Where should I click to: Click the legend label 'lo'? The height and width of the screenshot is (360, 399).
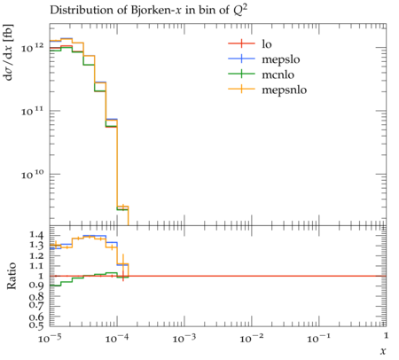(267, 44)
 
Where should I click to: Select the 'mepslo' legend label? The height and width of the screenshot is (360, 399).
(281, 59)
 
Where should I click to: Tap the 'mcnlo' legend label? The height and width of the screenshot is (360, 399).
(278, 74)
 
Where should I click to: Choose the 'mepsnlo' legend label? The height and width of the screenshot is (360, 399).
(285, 90)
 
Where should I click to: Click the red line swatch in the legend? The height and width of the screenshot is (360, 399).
(241, 43)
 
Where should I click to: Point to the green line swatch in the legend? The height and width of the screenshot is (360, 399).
(241, 74)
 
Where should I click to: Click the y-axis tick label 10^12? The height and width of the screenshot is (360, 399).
(32, 47)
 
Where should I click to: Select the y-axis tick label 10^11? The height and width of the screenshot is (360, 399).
(32, 111)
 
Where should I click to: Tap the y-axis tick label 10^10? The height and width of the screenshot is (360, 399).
(32, 175)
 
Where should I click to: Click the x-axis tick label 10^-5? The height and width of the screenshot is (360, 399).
(50, 338)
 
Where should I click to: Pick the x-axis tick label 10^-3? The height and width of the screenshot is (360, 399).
(184, 338)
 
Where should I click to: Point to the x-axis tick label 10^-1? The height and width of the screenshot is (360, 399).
(318, 338)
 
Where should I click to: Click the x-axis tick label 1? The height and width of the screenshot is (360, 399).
(386, 335)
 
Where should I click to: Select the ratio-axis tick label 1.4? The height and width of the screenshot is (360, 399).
(36, 235)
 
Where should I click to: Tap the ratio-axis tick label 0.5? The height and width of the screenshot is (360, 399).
(36, 325)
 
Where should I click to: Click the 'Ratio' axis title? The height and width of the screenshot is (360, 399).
(12, 276)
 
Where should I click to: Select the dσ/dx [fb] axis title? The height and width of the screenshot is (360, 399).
(8, 52)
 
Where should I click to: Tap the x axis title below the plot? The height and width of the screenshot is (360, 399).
(383, 351)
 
